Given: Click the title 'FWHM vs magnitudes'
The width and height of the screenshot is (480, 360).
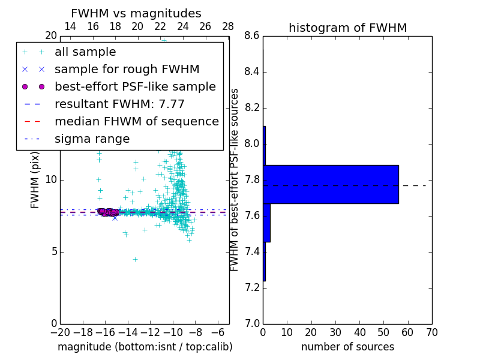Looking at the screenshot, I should coord(136,13).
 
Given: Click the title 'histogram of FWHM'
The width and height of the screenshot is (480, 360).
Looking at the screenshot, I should coord(347,28).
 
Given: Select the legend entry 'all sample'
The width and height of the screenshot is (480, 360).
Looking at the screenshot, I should coord(85,52).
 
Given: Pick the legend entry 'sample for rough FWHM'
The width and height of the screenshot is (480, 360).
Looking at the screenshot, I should coord(127,69).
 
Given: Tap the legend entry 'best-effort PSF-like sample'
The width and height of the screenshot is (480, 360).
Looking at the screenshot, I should coord(135,86).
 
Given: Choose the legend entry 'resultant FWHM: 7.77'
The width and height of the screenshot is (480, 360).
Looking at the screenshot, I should coord(119,104).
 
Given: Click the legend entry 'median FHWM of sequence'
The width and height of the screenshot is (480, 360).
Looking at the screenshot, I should coord(136,121).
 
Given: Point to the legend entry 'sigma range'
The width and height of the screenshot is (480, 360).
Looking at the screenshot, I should coord(92,139).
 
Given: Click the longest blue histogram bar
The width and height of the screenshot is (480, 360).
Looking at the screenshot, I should coord(331,184).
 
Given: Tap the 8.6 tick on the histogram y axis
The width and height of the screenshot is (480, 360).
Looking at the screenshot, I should coord(252,36).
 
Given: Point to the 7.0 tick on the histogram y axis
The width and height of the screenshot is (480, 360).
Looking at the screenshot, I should coord(252,323).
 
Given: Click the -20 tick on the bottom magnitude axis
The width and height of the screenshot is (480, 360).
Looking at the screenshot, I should coord(60,332).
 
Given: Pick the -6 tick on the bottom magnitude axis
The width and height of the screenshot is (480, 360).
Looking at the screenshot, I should coord(218,332).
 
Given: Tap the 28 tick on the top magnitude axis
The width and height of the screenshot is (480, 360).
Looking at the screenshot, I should coord(228,26).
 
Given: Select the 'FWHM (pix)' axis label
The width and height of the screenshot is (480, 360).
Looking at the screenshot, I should coord(35,180).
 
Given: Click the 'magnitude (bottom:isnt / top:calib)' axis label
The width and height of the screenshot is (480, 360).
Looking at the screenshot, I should coord(145,347).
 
